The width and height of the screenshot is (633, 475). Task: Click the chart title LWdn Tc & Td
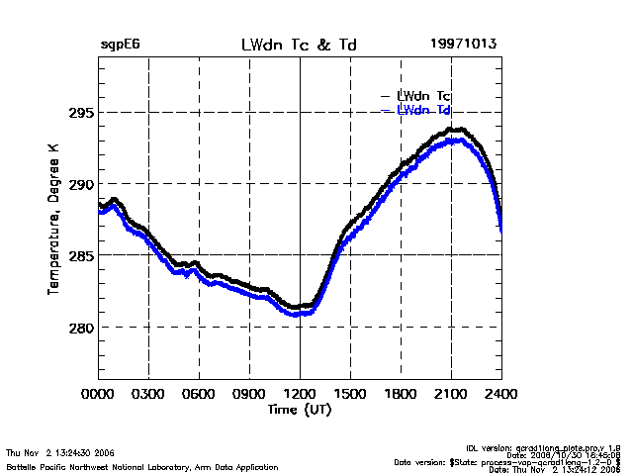pyautogui.click(x=300, y=45)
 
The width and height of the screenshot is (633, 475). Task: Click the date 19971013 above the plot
pyautogui.click(x=463, y=45)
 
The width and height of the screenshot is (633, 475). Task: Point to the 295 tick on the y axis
pyautogui.click(x=80, y=112)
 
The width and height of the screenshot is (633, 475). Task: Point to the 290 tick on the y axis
pyautogui.click(x=80, y=184)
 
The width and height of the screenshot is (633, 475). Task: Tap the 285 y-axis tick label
pyautogui.click(x=80, y=255)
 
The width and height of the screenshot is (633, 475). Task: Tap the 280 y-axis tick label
pyautogui.click(x=80, y=328)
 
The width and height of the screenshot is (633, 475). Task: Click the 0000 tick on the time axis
pyautogui.click(x=98, y=394)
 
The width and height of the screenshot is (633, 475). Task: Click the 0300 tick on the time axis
pyautogui.click(x=148, y=394)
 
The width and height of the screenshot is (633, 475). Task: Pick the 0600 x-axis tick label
pyautogui.click(x=199, y=394)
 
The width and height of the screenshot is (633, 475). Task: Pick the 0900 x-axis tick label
pyautogui.click(x=249, y=394)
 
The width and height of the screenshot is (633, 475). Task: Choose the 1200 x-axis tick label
pyautogui.click(x=300, y=394)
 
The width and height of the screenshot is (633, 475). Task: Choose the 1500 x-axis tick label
pyautogui.click(x=350, y=394)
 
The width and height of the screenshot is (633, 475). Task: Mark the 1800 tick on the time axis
pyautogui.click(x=401, y=394)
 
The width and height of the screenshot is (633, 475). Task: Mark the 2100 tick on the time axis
pyautogui.click(x=451, y=394)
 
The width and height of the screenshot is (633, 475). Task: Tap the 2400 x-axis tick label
pyautogui.click(x=501, y=394)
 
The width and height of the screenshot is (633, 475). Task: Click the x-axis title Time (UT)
pyautogui.click(x=300, y=409)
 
